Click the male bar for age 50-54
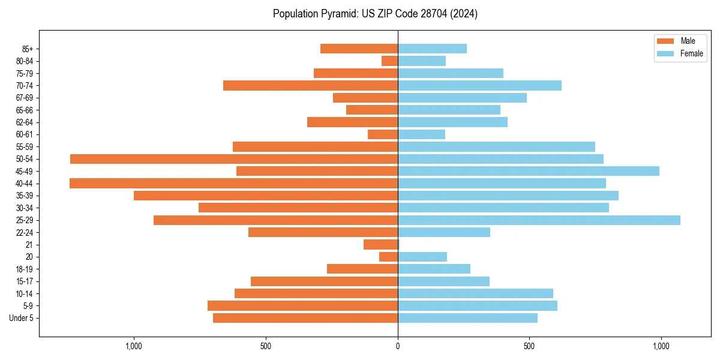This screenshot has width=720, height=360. tap(234, 159)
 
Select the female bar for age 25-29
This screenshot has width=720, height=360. tap(539, 220)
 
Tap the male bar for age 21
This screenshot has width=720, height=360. tap(381, 245)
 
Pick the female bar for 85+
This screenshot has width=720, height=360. tap(432, 49)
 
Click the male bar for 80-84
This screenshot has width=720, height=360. tap(390, 61)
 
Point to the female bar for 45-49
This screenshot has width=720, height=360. tap(528, 171)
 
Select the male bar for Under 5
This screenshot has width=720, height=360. tap(305, 318)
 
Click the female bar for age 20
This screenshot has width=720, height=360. tap(422, 257)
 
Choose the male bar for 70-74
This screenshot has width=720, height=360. tap(310, 86)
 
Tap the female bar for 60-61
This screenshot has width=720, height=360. tap(421, 134)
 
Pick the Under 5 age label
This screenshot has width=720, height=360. tap(21, 318)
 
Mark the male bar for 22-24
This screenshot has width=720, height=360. tap(323, 232)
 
